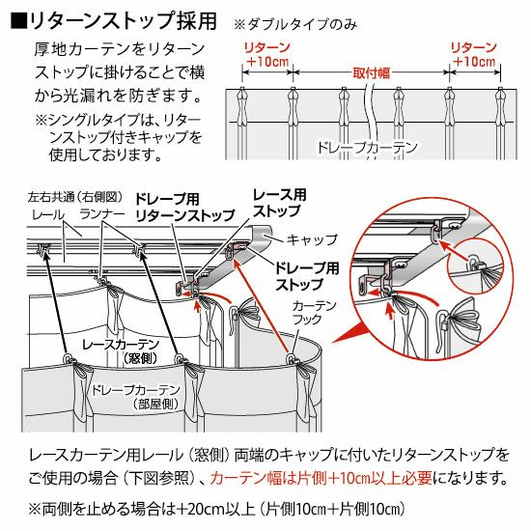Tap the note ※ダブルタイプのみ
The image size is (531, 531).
pos(295,25)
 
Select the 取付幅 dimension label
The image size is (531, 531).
pos(372,72)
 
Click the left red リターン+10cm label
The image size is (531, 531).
pos(267,54)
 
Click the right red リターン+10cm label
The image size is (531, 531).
pos(474,54)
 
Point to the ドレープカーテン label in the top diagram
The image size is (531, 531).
pos(367,148)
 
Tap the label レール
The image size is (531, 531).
pos(48,214)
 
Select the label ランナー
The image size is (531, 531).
pos(102,214)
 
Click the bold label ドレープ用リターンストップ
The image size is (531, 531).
pos(185,208)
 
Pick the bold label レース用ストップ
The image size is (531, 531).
pos(280,203)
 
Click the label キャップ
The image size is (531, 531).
pos(312,239)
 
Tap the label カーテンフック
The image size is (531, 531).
pos(310,313)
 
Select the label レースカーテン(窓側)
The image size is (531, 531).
pos(121,351)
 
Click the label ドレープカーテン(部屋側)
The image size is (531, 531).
pos(135,397)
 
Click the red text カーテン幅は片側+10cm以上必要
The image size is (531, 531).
pos(321,479)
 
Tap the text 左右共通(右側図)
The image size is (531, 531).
pos(75,197)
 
